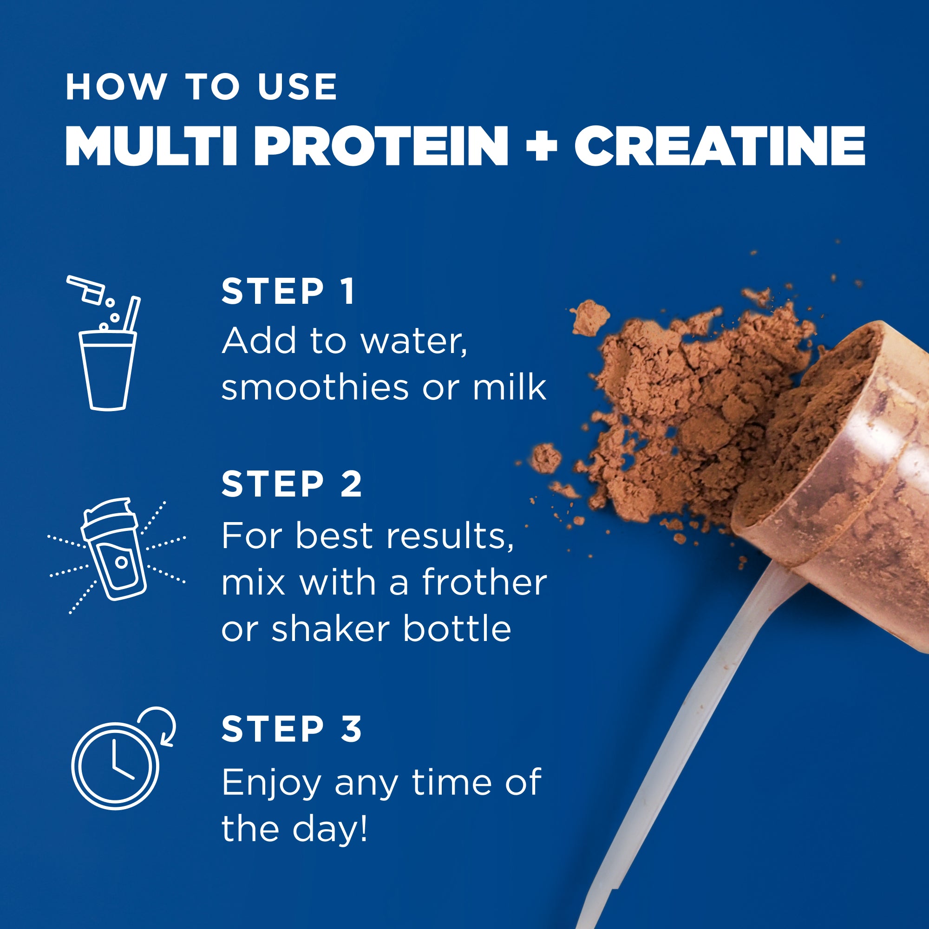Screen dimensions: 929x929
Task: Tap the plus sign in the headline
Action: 542,147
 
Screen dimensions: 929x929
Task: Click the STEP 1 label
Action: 288,291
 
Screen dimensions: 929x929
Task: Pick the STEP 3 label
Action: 291,728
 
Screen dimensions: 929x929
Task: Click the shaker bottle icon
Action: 114,549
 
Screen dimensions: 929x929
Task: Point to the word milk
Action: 509,387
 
